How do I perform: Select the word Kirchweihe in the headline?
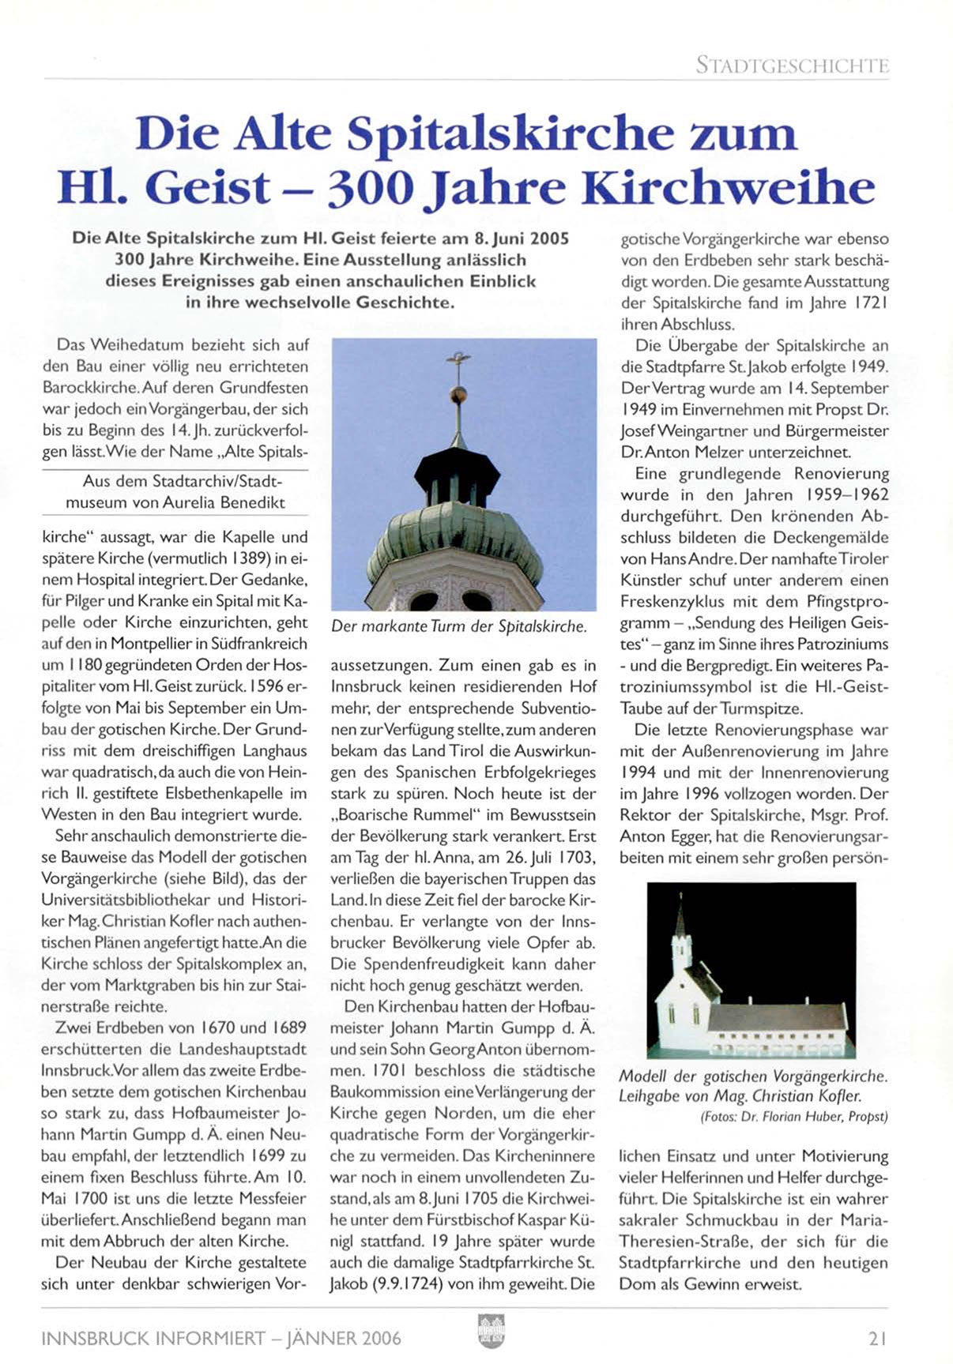728,188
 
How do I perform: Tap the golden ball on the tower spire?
458,394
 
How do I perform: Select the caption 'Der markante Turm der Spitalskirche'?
459,627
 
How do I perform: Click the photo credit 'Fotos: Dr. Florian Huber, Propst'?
793,1117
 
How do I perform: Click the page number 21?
877,1339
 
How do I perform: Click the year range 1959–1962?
847,495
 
